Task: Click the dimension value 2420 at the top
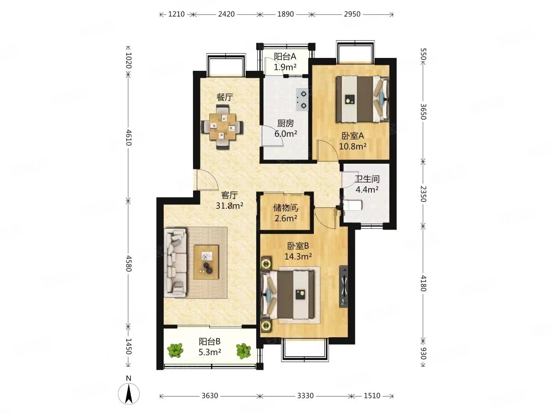click(x=226, y=14)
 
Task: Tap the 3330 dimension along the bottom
click(x=305, y=396)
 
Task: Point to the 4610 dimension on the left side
click(x=129, y=137)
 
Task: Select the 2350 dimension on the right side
click(x=423, y=194)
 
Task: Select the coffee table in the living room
click(x=206, y=262)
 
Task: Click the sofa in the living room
click(x=176, y=262)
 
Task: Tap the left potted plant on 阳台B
click(x=175, y=350)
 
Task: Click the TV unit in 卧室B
click(x=344, y=286)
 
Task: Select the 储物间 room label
click(x=286, y=208)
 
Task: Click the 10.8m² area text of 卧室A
click(x=353, y=146)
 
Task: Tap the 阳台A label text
click(x=285, y=57)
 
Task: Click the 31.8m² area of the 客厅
click(x=229, y=206)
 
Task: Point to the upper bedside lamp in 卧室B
click(x=266, y=264)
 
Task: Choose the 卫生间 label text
click(x=367, y=179)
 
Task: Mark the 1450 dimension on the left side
click(x=129, y=346)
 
